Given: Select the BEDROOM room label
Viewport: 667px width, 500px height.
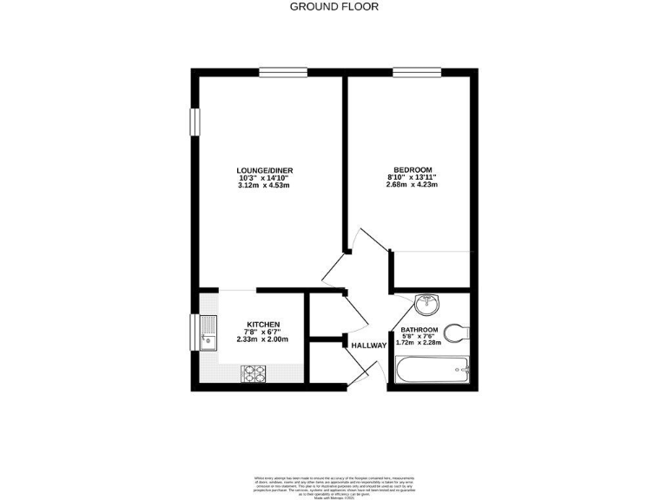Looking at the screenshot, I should [411, 169].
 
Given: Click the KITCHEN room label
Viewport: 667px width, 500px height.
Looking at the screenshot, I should [261, 324].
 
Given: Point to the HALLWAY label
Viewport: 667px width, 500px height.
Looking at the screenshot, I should [368, 345].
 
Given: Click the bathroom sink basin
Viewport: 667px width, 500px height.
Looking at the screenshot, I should [427, 304].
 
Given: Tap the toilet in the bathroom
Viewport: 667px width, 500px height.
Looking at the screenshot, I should [456, 332].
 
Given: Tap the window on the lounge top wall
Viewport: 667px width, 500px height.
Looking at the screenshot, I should [283, 72].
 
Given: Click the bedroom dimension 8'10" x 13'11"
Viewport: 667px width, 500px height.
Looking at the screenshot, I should [411, 177].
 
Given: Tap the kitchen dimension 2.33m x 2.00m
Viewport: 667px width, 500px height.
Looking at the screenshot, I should [261, 339].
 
